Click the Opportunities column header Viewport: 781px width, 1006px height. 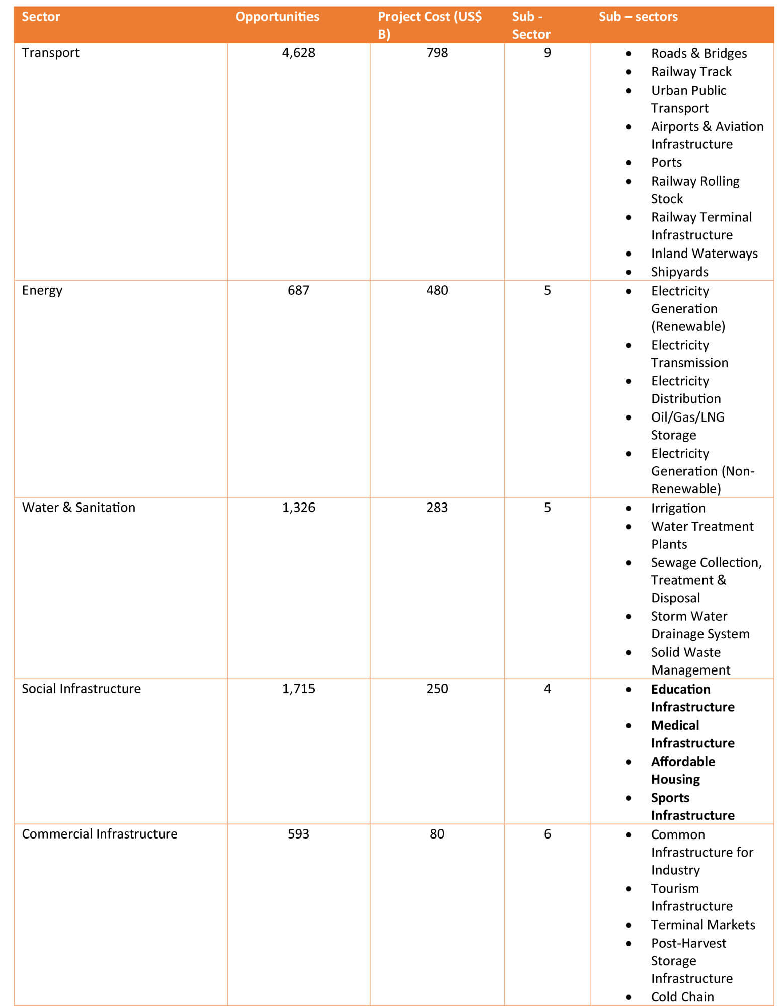277,17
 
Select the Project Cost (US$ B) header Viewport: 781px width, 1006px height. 429,25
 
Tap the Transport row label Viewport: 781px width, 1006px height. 50,53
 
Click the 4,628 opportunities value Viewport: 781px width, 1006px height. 298,53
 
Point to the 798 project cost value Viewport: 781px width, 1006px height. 437,53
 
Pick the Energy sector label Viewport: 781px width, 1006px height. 42,290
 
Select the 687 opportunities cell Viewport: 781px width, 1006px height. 298,290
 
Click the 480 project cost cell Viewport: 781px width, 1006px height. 437,290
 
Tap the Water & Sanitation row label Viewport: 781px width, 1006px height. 79,508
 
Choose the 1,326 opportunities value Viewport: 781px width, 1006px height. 298,508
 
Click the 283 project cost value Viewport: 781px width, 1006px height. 437,508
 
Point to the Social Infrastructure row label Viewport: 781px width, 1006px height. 81,689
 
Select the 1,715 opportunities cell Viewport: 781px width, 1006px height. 298,689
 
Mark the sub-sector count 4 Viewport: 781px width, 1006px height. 547,689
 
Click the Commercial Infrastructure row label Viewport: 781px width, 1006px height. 100,834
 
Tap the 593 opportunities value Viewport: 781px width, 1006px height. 298,834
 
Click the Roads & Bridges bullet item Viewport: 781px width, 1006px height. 698,53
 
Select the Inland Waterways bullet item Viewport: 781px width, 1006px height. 704,254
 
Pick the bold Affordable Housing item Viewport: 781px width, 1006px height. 682,770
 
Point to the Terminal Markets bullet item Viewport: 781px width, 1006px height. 703,925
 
